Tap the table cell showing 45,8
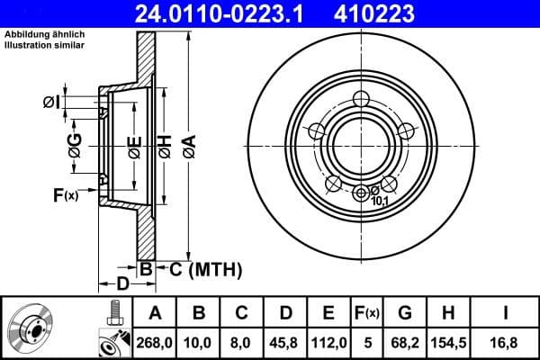(286, 341)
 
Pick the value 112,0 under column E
(328, 341)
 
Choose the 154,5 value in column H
(449, 341)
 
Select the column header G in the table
(405, 312)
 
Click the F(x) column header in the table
(366, 312)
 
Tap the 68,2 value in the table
(405, 341)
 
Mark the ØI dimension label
(51, 103)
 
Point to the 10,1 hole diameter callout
(380, 201)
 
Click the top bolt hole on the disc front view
(362, 99)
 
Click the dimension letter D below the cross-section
(123, 284)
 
